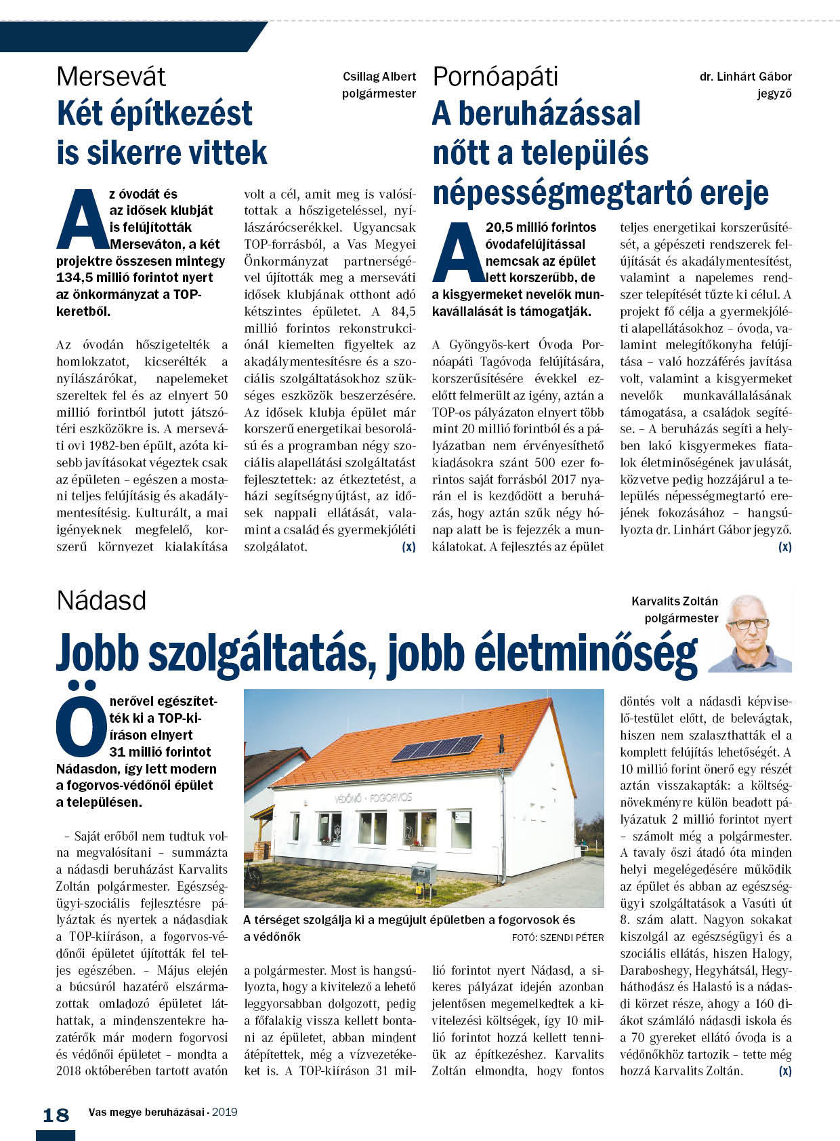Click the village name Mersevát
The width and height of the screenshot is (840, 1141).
pos(111,77)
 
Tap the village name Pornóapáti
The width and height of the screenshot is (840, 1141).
pos(495,77)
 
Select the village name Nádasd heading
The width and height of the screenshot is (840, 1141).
pos(102,601)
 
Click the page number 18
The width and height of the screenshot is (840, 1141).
pos(56,1115)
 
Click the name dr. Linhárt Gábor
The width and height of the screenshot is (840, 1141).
pos(745,77)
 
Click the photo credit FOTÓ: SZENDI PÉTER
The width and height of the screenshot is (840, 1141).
pos(558,938)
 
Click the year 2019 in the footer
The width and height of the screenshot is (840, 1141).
pos(224,1112)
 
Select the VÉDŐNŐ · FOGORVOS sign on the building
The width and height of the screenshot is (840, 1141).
pos(373,797)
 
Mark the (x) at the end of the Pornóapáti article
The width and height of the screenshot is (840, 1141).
pos(784,546)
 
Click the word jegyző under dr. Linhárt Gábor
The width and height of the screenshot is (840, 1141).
pos(774,94)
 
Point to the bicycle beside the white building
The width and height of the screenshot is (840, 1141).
pos(253,877)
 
